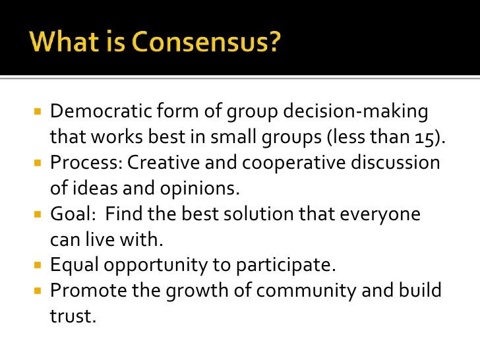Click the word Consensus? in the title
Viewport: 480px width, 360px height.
tap(208, 44)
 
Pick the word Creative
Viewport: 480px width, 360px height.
tap(165, 163)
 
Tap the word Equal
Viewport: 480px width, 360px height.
tap(73, 265)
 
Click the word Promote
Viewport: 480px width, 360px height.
tap(85, 291)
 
